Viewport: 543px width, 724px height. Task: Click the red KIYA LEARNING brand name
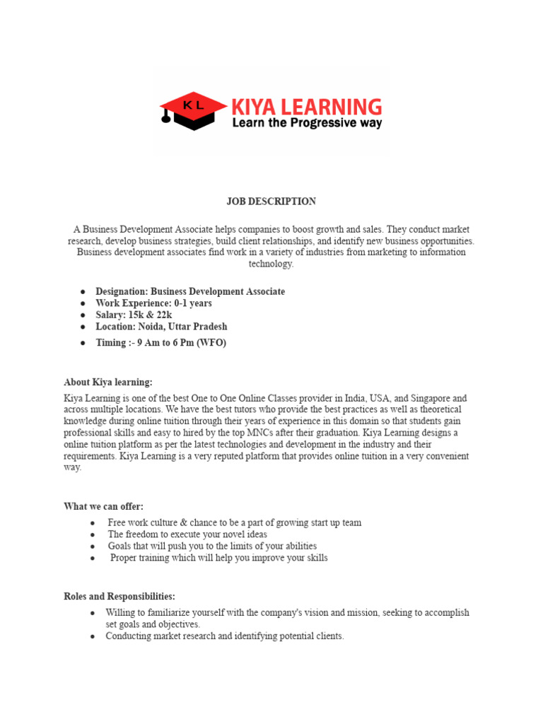point(307,107)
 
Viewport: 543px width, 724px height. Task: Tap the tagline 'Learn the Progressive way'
point(307,124)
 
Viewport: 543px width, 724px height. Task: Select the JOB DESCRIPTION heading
point(271,202)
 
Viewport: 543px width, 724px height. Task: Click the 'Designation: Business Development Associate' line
point(190,291)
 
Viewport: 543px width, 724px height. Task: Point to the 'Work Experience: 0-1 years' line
point(153,303)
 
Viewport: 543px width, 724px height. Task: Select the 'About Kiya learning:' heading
point(108,383)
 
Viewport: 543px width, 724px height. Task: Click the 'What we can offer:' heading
point(103,506)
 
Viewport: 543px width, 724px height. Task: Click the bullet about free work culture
point(234,522)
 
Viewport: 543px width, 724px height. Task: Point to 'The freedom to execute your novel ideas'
point(187,535)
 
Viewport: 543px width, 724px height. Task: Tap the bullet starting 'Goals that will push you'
point(212,547)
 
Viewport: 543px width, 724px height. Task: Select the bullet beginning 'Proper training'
point(218,558)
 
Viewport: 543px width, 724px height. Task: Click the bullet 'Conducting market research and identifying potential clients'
point(225,636)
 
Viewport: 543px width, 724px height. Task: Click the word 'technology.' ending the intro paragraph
point(271,264)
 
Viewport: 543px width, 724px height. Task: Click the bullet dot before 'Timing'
point(83,343)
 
